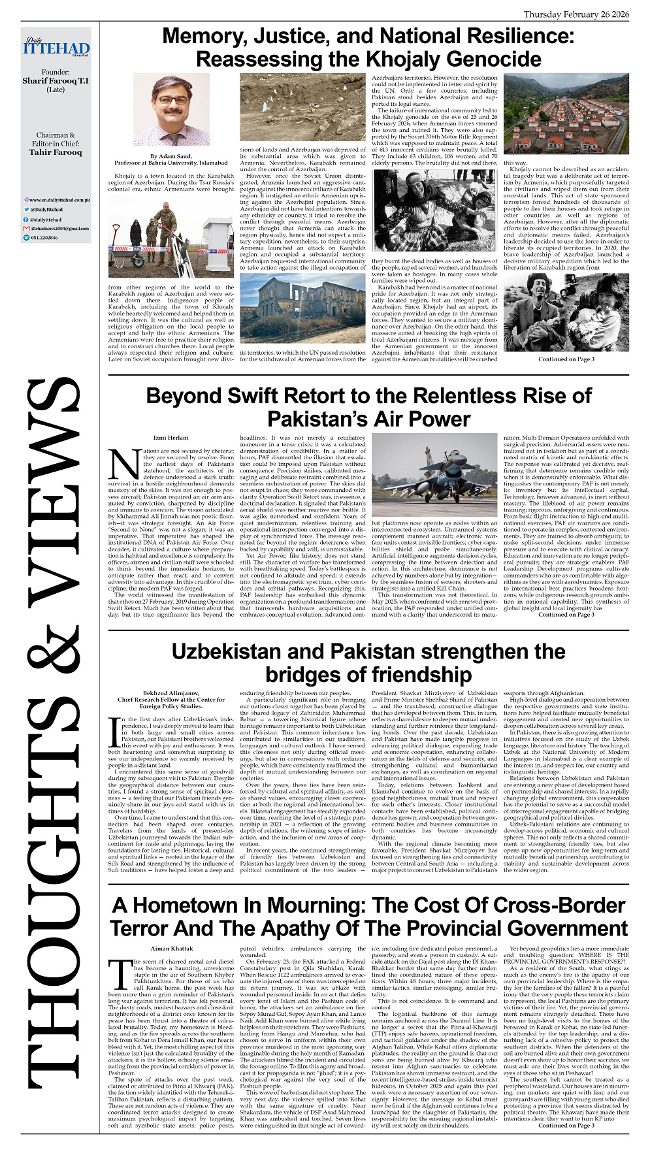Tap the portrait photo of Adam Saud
(171, 108)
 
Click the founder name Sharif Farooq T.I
(56, 81)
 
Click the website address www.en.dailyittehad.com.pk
(59, 199)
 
